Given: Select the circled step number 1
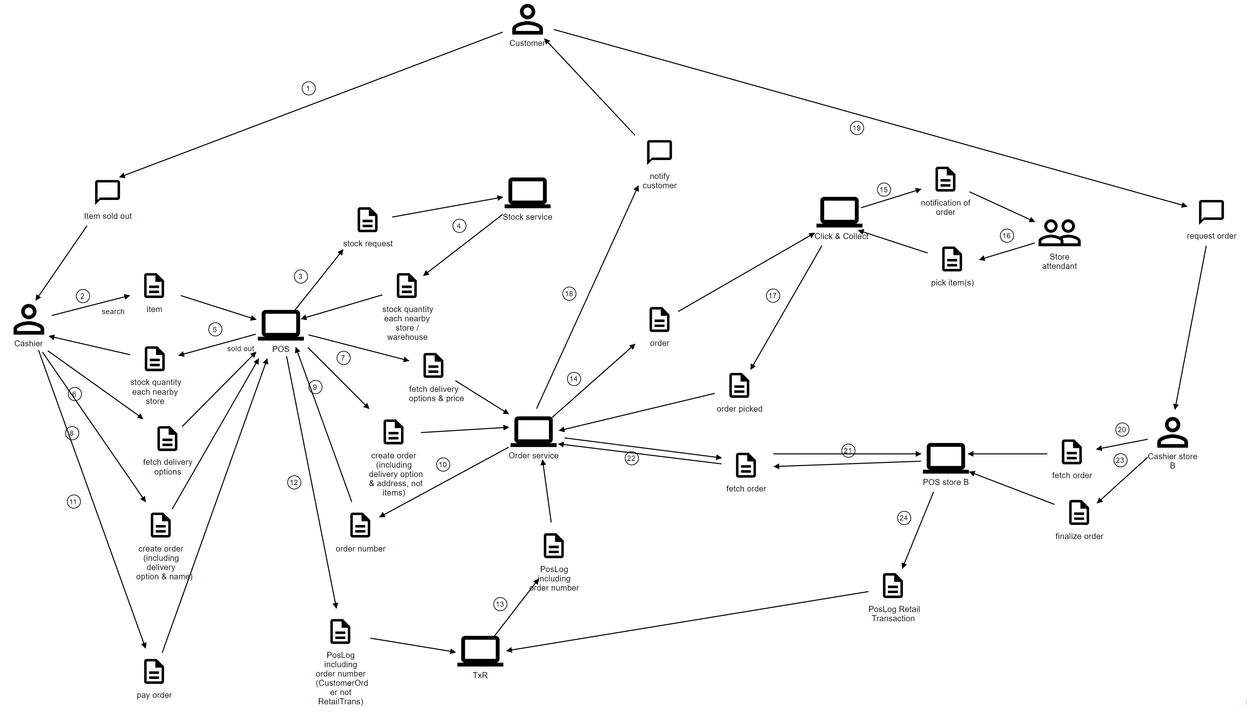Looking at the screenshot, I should click(308, 88).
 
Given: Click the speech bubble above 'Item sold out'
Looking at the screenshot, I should click(107, 191).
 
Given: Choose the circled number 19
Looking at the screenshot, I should click(857, 128).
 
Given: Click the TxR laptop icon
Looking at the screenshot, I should click(480, 651).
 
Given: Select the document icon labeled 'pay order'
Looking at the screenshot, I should click(154, 671).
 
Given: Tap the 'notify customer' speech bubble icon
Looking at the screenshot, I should click(659, 152).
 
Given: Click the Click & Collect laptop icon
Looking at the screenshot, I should click(839, 211).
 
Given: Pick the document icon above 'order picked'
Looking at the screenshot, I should click(739, 385).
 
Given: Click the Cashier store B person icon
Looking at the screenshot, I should click(1172, 432).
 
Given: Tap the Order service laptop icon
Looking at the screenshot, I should click(533, 431).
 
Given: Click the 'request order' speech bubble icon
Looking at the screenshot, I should click(1211, 211).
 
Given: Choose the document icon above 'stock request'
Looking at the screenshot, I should click(368, 220).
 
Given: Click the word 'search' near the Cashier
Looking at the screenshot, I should click(113, 311).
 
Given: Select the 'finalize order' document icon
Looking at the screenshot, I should click(1079, 512).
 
